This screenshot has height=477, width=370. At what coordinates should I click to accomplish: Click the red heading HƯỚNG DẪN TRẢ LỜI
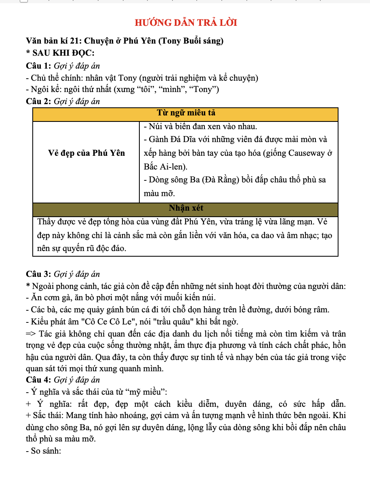pos(185,23)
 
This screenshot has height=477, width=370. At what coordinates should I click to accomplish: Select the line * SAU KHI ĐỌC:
pos(60,53)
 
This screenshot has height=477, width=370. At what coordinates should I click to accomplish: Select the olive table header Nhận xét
pos(185,209)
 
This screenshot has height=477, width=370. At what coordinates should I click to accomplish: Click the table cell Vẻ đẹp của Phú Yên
pos(86,153)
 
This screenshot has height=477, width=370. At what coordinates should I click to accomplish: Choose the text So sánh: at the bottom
pos(46,450)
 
